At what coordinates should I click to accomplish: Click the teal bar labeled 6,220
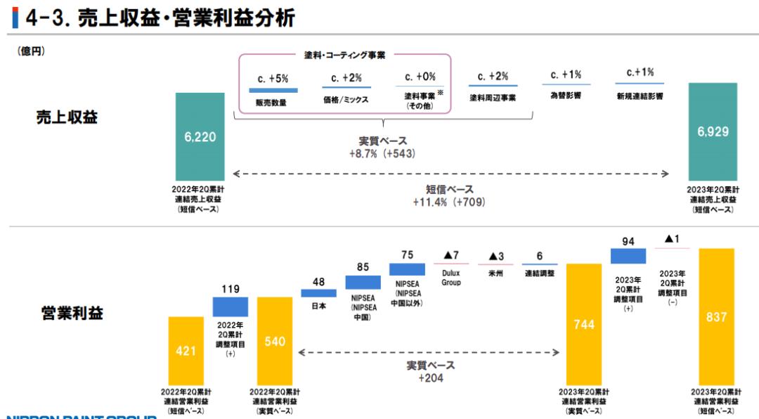pyautogui.click(x=200, y=136)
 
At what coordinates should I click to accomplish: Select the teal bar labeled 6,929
pyautogui.click(x=713, y=131)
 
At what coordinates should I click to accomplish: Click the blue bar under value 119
pyautogui.click(x=231, y=307)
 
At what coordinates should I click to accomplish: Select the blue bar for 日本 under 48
pyautogui.click(x=318, y=293)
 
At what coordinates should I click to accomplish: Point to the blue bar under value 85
pyautogui.click(x=363, y=282)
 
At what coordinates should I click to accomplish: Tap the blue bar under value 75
pyautogui.click(x=407, y=269)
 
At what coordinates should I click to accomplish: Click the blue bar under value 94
pyautogui.click(x=628, y=255)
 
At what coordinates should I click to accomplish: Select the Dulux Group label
pyautogui.click(x=451, y=278)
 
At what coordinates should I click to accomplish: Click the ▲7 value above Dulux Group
pyautogui.click(x=451, y=254)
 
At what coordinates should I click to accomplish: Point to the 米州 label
pyautogui.click(x=495, y=273)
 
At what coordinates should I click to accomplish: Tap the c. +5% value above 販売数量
pyautogui.click(x=274, y=78)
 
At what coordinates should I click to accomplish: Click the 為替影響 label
pyautogui.click(x=566, y=96)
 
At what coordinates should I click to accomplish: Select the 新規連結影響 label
pyautogui.click(x=640, y=96)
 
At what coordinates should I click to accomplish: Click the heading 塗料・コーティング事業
pyautogui.click(x=344, y=55)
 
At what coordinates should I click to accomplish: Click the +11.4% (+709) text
pyautogui.click(x=450, y=202)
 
